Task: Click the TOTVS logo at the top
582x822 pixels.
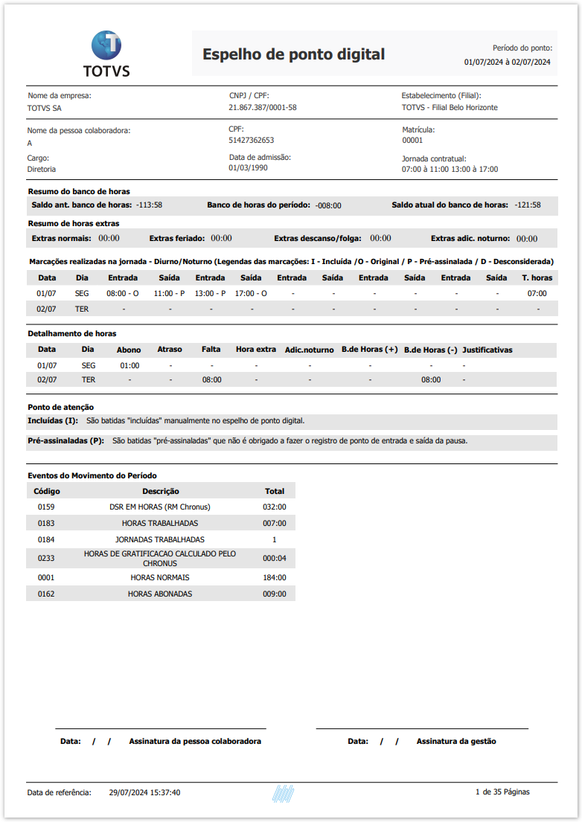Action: [x=106, y=54]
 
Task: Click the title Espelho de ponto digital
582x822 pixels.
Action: [x=293, y=54]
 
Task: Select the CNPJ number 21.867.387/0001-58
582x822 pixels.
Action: [x=262, y=107]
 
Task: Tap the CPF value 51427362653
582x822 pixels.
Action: [x=251, y=140]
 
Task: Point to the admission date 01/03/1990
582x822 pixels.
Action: [x=249, y=168]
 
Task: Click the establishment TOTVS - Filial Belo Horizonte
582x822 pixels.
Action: [x=450, y=107]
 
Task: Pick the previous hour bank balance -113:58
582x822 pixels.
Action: [x=150, y=205]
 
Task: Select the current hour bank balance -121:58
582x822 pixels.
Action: [x=527, y=205]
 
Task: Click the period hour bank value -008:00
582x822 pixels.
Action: [x=328, y=205]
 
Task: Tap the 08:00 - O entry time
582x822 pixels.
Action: [x=123, y=294]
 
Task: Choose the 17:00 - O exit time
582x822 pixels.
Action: [x=251, y=294]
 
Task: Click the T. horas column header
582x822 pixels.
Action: [x=537, y=277]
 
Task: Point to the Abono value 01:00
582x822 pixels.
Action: [x=129, y=366]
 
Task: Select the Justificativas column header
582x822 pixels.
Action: [x=487, y=350]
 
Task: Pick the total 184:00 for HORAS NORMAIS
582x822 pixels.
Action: [x=274, y=577]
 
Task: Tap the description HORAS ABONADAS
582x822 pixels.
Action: [x=160, y=594]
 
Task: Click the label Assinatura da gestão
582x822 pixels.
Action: [x=456, y=741]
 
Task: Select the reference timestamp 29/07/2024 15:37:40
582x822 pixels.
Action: [x=144, y=792]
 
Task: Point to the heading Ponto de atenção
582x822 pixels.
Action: [x=60, y=407]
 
